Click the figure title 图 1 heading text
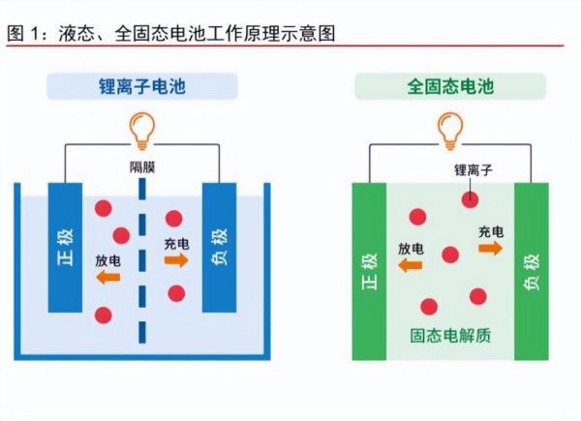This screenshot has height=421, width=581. (x=171, y=33)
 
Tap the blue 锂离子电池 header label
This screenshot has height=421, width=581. (x=142, y=86)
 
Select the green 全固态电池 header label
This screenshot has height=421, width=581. (x=450, y=86)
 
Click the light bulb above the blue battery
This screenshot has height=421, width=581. (x=142, y=131)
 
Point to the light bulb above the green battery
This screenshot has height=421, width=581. (x=450, y=131)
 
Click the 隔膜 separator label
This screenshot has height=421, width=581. (x=142, y=167)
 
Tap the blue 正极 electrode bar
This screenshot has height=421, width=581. (x=65, y=248)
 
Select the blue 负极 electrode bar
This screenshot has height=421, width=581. (x=220, y=248)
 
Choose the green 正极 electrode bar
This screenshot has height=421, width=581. (x=369, y=271)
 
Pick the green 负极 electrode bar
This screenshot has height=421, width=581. (x=532, y=271)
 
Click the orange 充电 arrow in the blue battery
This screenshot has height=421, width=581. (x=176, y=260)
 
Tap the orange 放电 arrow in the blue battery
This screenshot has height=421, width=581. (x=108, y=277)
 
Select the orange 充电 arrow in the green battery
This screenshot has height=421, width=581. (x=491, y=248)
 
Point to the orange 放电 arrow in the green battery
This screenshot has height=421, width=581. (x=411, y=265)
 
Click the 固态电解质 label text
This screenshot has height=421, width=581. (x=450, y=336)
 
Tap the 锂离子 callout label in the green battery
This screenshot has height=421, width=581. (x=474, y=170)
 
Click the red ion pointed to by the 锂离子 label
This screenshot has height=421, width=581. (x=471, y=199)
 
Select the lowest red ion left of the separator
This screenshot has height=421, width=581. (x=104, y=316)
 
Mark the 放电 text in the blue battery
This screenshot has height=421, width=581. (x=107, y=260)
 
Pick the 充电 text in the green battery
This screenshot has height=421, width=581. (x=491, y=232)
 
